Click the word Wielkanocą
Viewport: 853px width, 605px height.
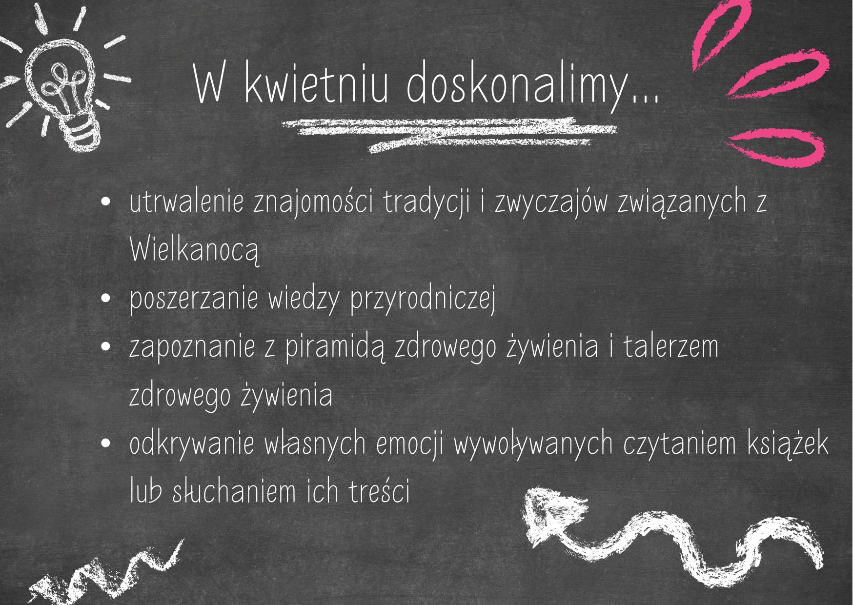click(194, 250)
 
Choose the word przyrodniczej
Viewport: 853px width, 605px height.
click(423, 299)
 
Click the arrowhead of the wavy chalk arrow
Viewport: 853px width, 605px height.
click(551, 515)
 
